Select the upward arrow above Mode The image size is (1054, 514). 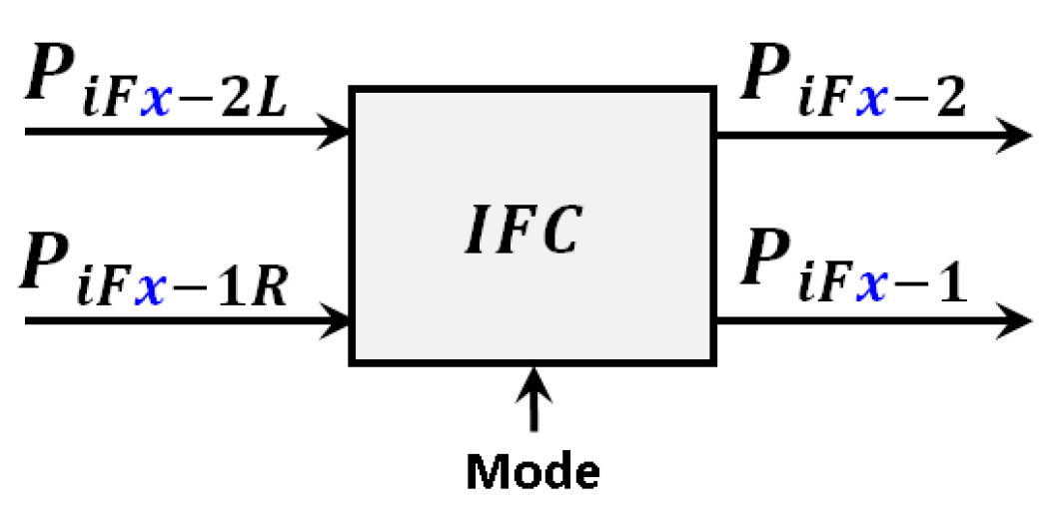[534, 397]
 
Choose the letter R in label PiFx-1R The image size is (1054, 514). [271, 289]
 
